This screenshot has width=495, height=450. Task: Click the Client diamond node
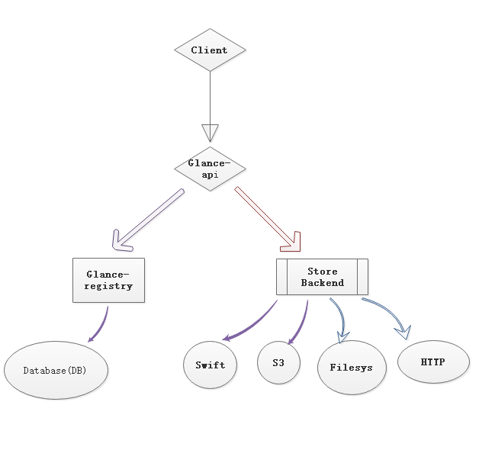click(210, 50)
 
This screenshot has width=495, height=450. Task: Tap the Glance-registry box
click(108, 280)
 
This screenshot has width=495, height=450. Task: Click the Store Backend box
click(322, 277)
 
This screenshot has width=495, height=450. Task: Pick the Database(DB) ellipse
click(56, 371)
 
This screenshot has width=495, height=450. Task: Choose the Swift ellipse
click(210, 365)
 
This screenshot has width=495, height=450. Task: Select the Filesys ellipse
click(352, 367)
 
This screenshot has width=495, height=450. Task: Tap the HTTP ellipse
click(432, 362)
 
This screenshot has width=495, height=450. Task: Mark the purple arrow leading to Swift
click(249, 324)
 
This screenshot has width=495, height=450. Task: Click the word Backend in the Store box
click(322, 283)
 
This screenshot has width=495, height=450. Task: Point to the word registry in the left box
click(108, 286)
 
